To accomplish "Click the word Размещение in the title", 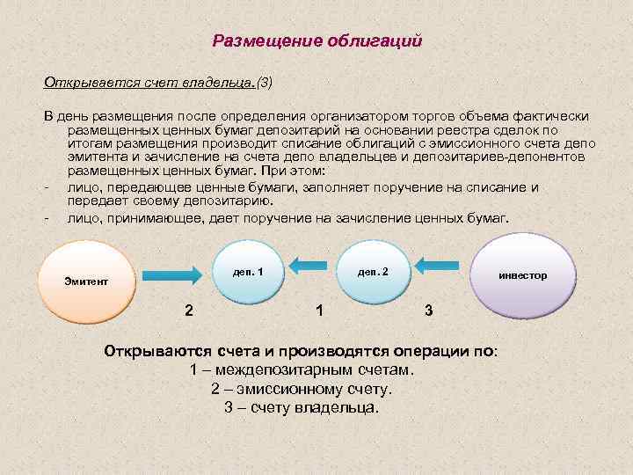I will coord(267,41).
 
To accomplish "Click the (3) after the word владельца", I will coord(265,83).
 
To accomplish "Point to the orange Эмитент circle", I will coord(86,281).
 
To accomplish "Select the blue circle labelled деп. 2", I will coord(372,272).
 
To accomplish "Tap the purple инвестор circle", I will coord(522,275).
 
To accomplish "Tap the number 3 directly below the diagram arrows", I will coord(428,310).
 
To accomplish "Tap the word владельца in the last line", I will coord(340,408).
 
